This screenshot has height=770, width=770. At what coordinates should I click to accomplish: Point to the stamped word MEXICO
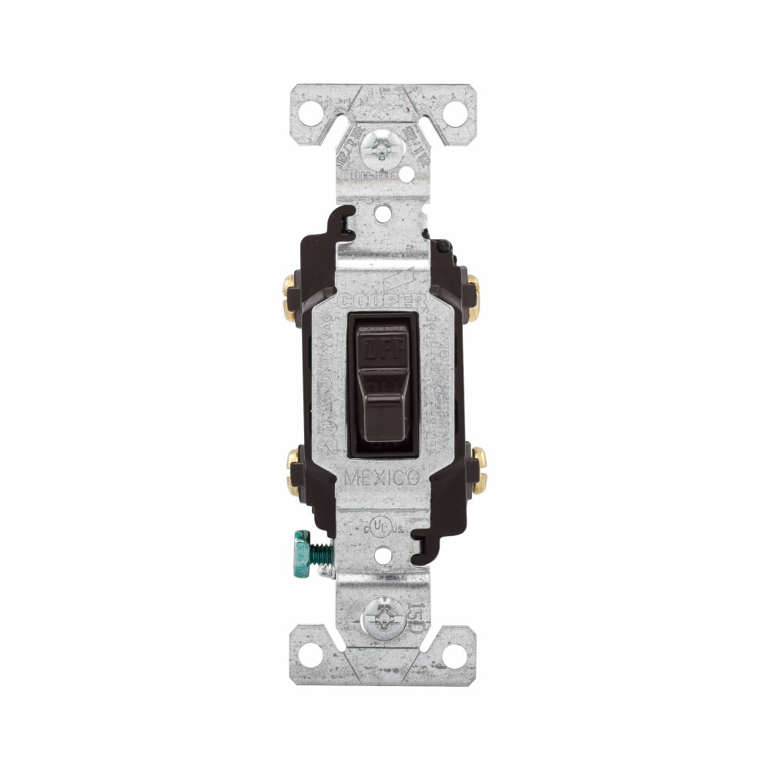coord(382,478)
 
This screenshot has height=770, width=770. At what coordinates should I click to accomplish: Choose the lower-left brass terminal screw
coord(293,470)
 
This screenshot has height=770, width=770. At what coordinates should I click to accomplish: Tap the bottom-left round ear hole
coord(310,655)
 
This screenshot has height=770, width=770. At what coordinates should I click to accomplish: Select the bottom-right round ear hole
coord(454,655)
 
